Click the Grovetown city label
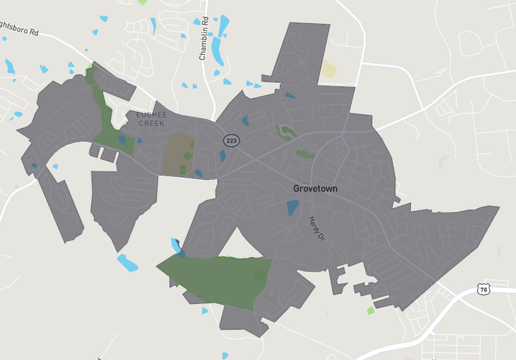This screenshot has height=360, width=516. (315, 189)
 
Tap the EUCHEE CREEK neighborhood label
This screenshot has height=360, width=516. (151, 119)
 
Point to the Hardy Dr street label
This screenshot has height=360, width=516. (314, 229)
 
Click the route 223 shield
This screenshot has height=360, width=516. (231, 140)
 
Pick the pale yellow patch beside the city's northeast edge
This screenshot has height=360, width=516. (328, 69)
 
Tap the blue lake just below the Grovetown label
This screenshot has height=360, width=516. (293, 208)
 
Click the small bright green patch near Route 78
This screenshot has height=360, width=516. (371, 310)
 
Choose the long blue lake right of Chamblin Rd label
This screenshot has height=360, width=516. (222, 36)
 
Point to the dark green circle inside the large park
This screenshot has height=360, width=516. (260, 274)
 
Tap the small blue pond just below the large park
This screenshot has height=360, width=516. (204, 311)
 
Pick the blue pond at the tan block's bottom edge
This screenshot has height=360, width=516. (198, 173)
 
